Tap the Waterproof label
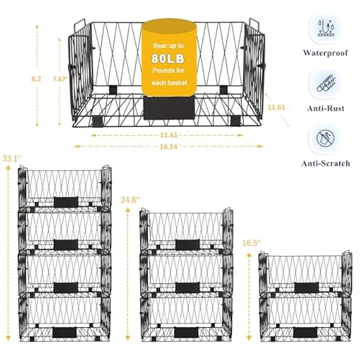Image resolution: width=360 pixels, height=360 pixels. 326,53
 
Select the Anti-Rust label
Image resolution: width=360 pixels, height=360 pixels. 326,109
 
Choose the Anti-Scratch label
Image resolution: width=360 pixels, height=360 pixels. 326,163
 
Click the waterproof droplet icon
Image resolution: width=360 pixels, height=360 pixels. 326,28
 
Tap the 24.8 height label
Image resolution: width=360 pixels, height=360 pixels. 128,199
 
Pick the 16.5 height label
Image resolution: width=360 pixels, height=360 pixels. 251,243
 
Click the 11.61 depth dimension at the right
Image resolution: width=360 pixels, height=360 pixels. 277,107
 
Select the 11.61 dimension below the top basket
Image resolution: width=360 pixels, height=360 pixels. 167,135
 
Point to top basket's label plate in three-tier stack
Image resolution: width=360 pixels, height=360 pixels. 187,244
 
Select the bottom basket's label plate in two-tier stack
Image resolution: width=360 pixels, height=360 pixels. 306,332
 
